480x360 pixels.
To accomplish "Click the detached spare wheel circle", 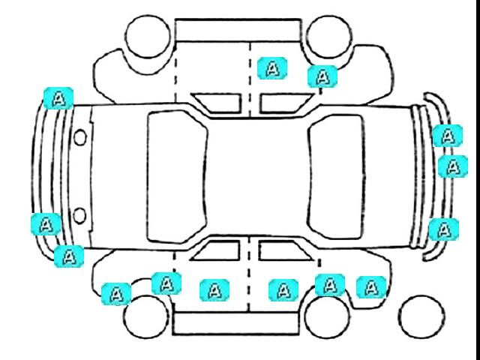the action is (x=421, y=317).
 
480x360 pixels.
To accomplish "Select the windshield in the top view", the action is (x=177, y=177).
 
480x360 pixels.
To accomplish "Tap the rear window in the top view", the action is (x=337, y=177).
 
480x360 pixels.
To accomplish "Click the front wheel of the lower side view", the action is (x=146, y=316).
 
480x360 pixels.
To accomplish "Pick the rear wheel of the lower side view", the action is (x=328, y=316).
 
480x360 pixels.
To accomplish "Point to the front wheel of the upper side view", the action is (x=148, y=36).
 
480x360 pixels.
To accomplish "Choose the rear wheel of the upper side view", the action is (x=328, y=37).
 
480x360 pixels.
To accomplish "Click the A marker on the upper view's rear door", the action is (x=272, y=68).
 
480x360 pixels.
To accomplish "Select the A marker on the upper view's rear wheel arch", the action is (x=322, y=76).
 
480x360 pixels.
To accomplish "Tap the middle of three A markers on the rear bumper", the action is (x=453, y=166).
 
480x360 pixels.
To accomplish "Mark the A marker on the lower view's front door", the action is (x=214, y=290).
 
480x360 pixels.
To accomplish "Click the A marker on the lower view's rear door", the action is (x=283, y=290).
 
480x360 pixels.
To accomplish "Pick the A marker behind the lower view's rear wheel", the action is (x=371, y=287).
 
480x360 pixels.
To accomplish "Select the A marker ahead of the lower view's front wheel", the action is (x=116, y=294).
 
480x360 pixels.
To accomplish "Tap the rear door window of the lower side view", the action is (x=285, y=250).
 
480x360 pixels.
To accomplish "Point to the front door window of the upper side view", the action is (x=218, y=103).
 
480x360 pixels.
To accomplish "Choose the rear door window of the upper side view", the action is (x=286, y=103).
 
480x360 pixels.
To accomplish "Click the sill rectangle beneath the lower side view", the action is (x=235, y=323).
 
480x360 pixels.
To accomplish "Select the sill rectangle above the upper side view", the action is (x=238, y=30).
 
